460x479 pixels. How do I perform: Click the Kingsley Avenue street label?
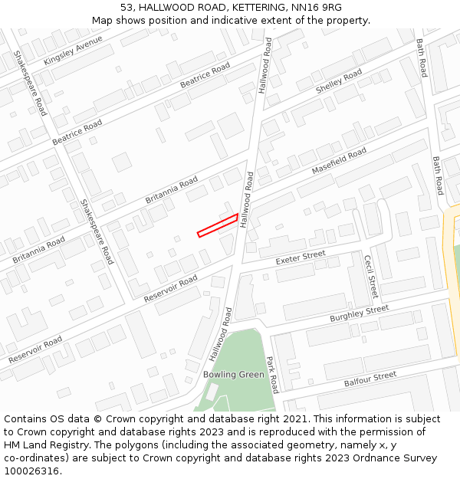(x=73, y=51)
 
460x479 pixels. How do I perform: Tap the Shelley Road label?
(x=339, y=82)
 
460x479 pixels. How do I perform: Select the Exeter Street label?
(x=301, y=258)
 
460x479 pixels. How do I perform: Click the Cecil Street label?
(x=371, y=277)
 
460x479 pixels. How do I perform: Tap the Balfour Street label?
(x=370, y=378)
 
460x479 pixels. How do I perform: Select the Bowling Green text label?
(x=234, y=375)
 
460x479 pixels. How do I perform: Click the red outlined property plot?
(x=218, y=226)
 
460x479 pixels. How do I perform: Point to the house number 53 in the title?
(x=127, y=8)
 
